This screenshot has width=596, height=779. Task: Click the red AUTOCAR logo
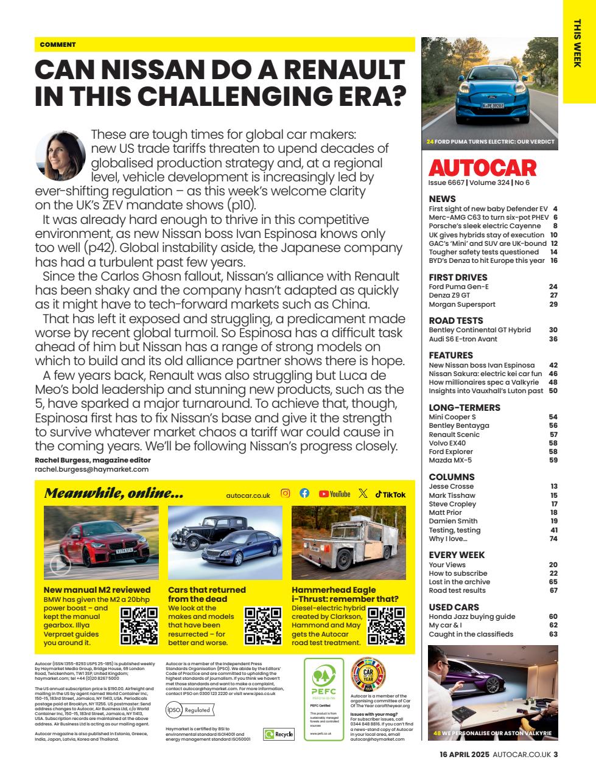[483, 168]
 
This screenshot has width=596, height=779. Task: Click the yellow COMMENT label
[58, 44]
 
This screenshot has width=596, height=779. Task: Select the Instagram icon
[285, 494]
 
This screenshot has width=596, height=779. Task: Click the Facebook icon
[304, 494]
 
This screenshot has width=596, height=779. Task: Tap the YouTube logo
[334, 494]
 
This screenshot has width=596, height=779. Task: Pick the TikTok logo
[390, 494]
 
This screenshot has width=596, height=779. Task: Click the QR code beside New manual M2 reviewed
[139, 626]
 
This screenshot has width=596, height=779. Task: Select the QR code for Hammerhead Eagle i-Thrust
[387, 626]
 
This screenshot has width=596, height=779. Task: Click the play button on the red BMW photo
[60, 565]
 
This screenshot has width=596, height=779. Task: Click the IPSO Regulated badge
[189, 710]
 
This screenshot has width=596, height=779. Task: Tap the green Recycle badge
[279, 735]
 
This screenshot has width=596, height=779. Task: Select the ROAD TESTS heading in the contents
[456, 320]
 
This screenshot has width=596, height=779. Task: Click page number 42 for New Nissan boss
[553, 365]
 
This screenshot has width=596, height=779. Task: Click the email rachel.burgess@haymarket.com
[91, 469]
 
